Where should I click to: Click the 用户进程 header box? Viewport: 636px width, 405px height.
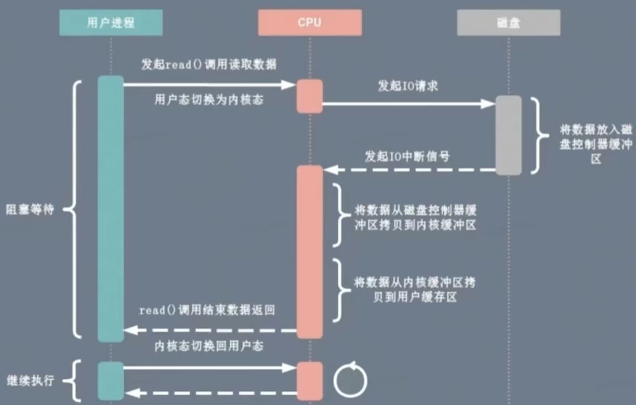tap(111, 24)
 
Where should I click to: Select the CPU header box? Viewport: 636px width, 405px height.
tap(309, 24)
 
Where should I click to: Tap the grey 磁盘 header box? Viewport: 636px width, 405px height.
tap(509, 24)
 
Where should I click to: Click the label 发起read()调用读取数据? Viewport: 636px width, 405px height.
tap(208, 65)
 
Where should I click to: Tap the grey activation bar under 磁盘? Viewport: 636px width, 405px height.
tap(509, 134)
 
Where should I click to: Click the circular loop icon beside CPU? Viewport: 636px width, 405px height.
tap(350, 380)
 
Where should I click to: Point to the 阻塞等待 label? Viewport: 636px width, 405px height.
tap(31, 210)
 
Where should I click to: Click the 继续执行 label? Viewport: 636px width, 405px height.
tap(31, 381)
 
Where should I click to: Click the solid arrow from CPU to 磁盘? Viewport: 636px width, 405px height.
tap(407, 103)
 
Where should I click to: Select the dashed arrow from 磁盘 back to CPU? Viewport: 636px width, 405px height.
tap(407, 170)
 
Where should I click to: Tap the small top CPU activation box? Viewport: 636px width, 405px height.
tap(309, 96)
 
